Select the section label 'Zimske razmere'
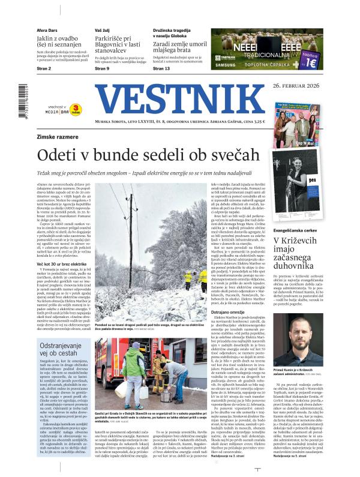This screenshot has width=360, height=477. (58, 137)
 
